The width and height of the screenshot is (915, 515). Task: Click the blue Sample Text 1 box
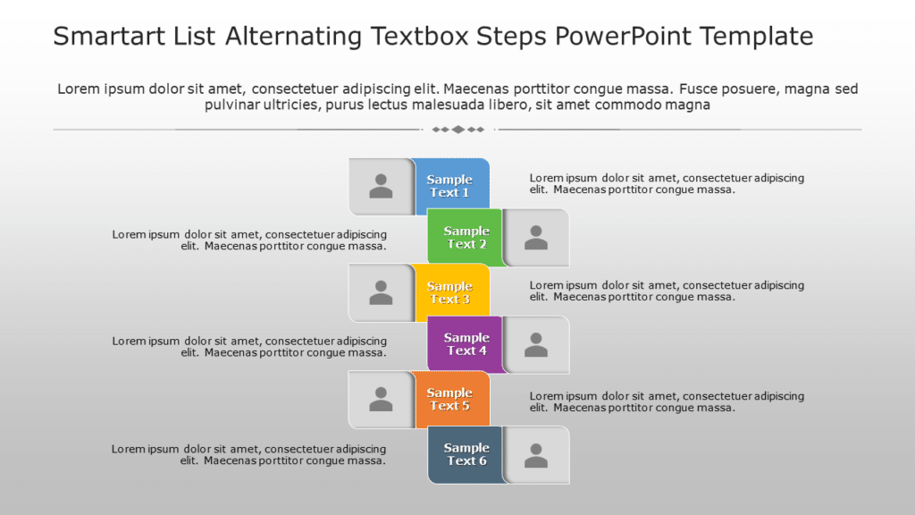coord(451,186)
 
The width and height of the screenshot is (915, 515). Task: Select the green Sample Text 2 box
coord(466,238)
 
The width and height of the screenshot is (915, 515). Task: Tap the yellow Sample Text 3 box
coord(451,292)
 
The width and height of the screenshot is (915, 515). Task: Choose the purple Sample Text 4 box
coord(466,344)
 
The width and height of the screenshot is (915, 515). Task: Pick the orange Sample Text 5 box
coord(451,400)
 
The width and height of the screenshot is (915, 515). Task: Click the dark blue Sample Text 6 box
coord(466,454)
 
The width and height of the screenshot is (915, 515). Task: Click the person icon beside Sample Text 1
coord(381,186)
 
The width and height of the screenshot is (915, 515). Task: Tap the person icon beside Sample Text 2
coord(536,238)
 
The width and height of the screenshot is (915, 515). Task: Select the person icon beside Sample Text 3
coord(381,292)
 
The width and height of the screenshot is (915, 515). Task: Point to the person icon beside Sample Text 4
coord(536,344)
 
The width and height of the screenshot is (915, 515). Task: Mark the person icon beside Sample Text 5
coord(381,400)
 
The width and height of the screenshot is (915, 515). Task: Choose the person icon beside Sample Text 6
coord(536,455)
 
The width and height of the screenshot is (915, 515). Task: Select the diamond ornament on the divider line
coord(457,130)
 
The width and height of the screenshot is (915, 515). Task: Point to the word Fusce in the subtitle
coord(698,89)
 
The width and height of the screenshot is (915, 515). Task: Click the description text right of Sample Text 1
coord(666,183)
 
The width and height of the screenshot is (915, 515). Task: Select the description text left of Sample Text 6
coord(249,454)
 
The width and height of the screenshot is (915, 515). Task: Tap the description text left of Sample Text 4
coord(249,346)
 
